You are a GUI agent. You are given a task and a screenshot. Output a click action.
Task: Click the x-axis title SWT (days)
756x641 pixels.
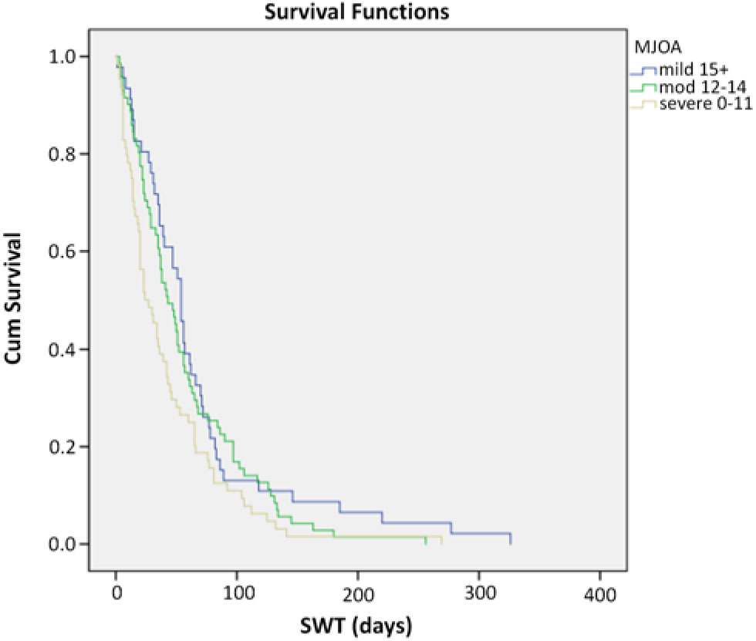click(356, 624)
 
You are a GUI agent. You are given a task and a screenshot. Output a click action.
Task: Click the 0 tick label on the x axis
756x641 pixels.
click(116, 595)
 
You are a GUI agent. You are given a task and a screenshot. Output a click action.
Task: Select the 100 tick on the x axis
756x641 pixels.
click(237, 595)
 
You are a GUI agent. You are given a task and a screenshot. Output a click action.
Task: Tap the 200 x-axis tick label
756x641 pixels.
click(358, 595)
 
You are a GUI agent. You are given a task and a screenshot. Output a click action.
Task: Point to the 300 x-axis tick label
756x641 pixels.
click(479, 595)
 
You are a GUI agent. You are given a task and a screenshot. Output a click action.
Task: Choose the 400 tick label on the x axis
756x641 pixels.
click(600, 595)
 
